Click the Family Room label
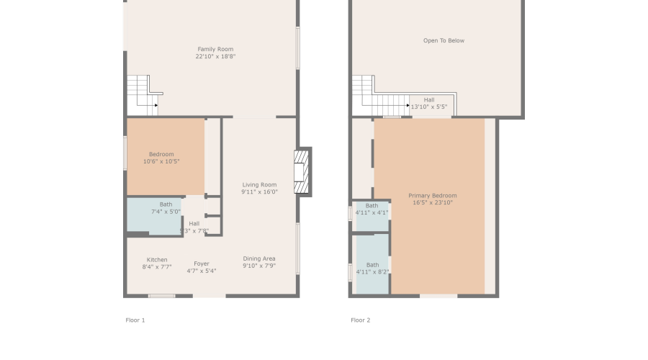[215, 49]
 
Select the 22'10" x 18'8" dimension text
[215, 56]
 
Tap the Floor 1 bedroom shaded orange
[166, 157]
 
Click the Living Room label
[259, 185]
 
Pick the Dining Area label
[259, 258]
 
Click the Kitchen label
[157, 260]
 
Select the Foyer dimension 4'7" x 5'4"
[202, 271]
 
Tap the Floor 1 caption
[135, 320]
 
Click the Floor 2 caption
[360, 320]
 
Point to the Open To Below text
[444, 41]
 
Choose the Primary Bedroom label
[432, 196]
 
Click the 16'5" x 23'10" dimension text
[432, 203]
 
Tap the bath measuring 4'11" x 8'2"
[372, 268]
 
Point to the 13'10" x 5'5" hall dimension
[429, 107]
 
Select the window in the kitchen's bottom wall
[162, 295]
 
